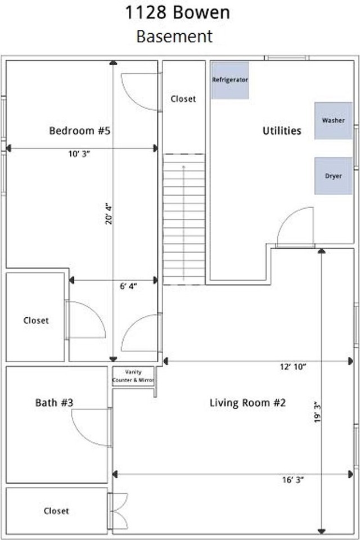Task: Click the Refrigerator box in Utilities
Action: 229,80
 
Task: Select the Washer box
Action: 333,120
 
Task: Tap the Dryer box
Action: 333,175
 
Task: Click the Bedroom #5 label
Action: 79,131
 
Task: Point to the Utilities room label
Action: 282,131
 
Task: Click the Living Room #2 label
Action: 248,403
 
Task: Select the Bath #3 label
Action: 55,403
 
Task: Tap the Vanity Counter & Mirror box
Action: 133,376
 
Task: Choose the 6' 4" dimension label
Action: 128,286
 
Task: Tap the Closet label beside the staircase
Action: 183,99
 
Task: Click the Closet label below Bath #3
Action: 56,511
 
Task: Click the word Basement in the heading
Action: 174,36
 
